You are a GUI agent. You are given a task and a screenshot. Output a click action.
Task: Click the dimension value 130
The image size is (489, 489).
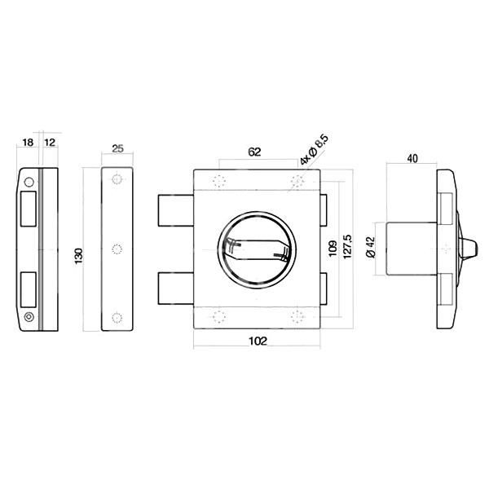[x=78, y=256]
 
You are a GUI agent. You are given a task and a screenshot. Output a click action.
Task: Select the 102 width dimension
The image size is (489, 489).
[x=258, y=341]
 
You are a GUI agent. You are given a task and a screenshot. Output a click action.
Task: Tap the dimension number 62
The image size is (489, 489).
[x=254, y=152]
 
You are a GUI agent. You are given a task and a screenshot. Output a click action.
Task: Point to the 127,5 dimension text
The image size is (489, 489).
[x=347, y=246]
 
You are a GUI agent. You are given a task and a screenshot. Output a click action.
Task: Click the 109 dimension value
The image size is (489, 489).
[x=333, y=249]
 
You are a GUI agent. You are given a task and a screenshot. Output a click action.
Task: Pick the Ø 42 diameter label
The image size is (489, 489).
[x=371, y=247]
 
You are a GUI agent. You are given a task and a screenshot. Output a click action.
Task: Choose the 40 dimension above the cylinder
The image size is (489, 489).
[x=412, y=158]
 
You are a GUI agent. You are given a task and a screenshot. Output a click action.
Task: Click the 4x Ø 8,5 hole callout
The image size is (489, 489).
[x=314, y=150]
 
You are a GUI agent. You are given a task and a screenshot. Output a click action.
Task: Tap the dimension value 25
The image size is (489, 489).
[x=117, y=148]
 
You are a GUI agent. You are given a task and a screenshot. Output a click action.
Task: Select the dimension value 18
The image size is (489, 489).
[x=28, y=143]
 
